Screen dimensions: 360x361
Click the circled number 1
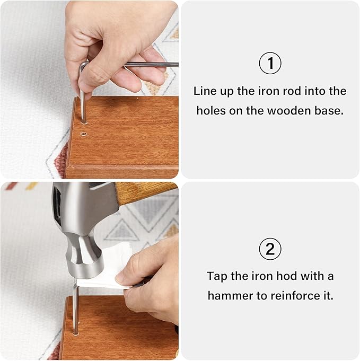pyautogui.click(x=270, y=63)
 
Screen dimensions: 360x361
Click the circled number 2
pyautogui.click(x=270, y=249)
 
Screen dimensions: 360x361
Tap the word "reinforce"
pyautogui.click(x=293, y=296)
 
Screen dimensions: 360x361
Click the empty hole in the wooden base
pyautogui.click(x=84, y=134)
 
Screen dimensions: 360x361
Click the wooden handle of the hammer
pyautogui.click(x=145, y=191)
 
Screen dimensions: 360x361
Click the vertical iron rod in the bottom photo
pyautogui.click(x=75, y=309)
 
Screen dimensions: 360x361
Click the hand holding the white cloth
pyautogui.click(x=150, y=283)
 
